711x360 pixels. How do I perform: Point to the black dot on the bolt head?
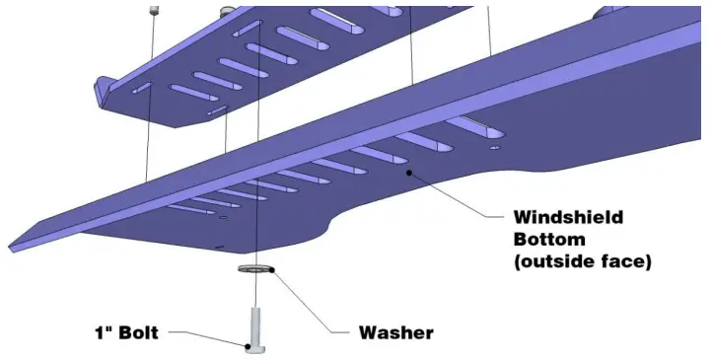[248, 345]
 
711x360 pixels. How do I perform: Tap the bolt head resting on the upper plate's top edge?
[228, 9]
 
